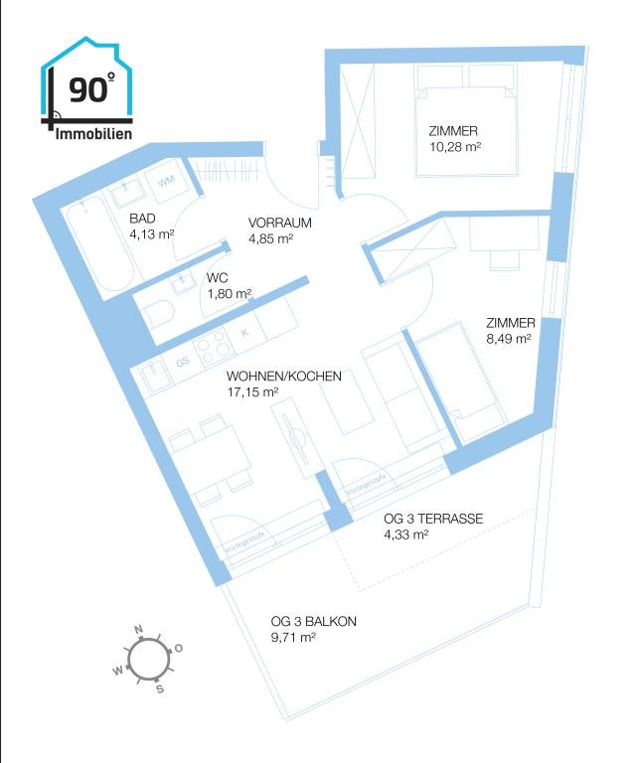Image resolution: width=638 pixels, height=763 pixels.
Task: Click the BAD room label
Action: pyautogui.click(x=142, y=218)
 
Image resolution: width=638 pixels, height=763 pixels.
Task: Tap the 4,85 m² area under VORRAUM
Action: pyautogui.click(x=270, y=238)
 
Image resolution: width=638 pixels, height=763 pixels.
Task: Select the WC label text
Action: pyautogui.click(x=217, y=278)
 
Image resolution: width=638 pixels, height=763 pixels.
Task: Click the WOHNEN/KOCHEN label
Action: pyautogui.click(x=283, y=377)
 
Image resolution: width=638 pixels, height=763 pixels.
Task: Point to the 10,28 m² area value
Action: pyautogui.click(x=455, y=146)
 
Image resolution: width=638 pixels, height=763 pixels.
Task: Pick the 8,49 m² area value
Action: pyautogui.click(x=509, y=339)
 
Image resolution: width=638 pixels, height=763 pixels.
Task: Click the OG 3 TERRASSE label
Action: pyautogui.click(x=433, y=519)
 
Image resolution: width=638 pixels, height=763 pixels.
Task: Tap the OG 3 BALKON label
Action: pyautogui.click(x=313, y=621)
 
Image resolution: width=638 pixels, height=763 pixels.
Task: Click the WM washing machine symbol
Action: pyautogui.click(x=166, y=182)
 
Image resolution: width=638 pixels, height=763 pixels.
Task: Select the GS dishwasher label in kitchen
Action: pyautogui.click(x=183, y=362)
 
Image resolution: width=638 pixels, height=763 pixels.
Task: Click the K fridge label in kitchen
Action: pyautogui.click(x=245, y=333)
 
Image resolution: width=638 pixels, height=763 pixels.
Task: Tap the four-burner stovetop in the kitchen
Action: pyautogui.click(x=213, y=345)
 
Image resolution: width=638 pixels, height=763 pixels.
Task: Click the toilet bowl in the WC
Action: pyautogui.click(x=156, y=312)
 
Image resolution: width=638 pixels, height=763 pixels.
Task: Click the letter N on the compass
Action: pyautogui.click(x=139, y=629)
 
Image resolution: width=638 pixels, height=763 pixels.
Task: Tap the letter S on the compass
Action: pyautogui.click(x=160, y=689)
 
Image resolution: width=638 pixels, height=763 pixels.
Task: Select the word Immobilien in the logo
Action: pyautogui.click(x=93, y=134)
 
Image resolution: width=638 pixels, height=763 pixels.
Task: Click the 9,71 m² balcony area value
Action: pyautogui.click(x=293, y=637)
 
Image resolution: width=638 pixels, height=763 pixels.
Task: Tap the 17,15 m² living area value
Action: pyautogui.click(x=252, y=391)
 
